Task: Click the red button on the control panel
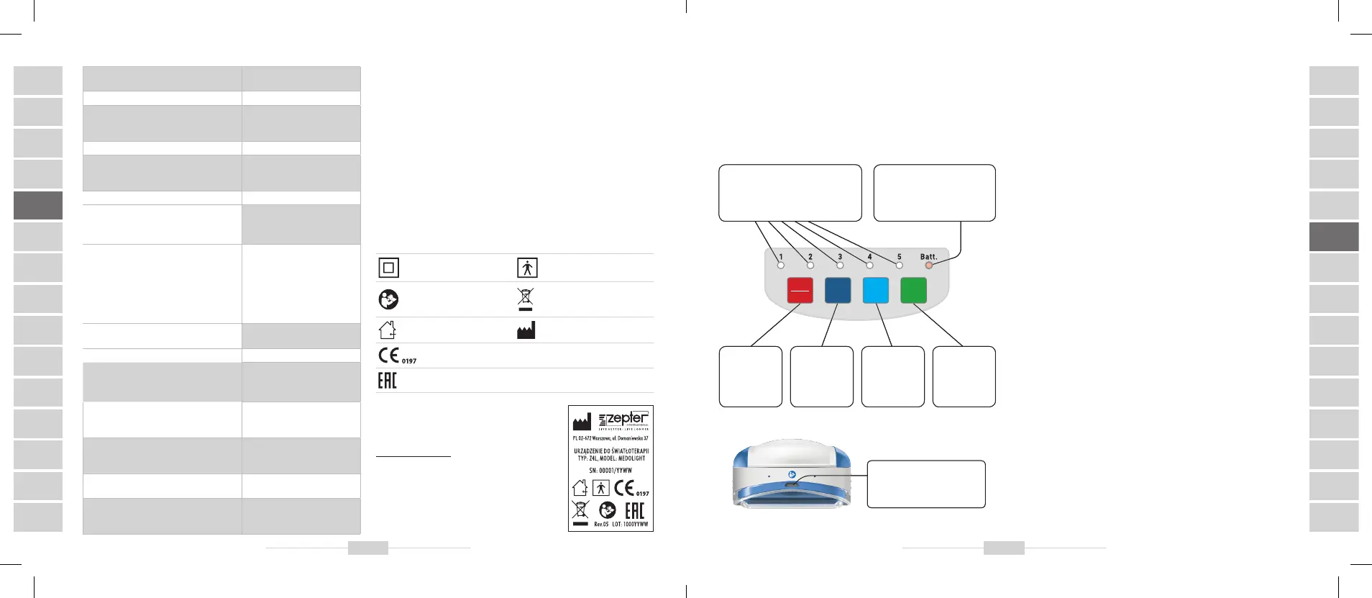(x=800, y=291)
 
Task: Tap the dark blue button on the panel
(x=838, y=291)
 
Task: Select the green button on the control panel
(x=913, y=291)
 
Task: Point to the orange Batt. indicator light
(x=928, y=266)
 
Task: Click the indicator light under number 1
(x=781, y=266)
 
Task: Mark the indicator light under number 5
(x=899, y=266)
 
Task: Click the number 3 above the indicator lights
(x=840, y=257)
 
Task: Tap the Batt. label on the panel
(x=928, y=257)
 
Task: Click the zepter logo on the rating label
(x=623, y=420)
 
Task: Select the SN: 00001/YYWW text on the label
(x=610, y=471)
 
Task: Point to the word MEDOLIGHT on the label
(x=631, y=458)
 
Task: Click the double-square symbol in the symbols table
(x=388, y=268)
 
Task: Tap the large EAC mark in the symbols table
(x=387, y=381)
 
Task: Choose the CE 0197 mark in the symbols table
(x=396, y=355)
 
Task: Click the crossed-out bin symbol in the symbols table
(x=526, y=299)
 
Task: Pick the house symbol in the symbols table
(x=387, y=330)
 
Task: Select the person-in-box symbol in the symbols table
(x=527, y=268)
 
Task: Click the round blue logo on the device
(x=791, y=475)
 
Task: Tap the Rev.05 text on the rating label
(x=601, y=525)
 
